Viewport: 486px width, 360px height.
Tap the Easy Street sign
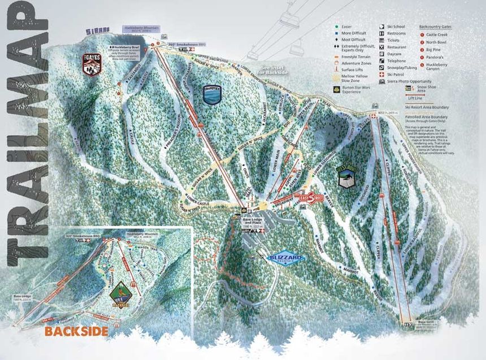point(311,198)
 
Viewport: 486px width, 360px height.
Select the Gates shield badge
point(92,63)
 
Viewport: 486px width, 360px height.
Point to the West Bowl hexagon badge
point(345,176)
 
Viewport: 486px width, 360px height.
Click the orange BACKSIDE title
point(76,331)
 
